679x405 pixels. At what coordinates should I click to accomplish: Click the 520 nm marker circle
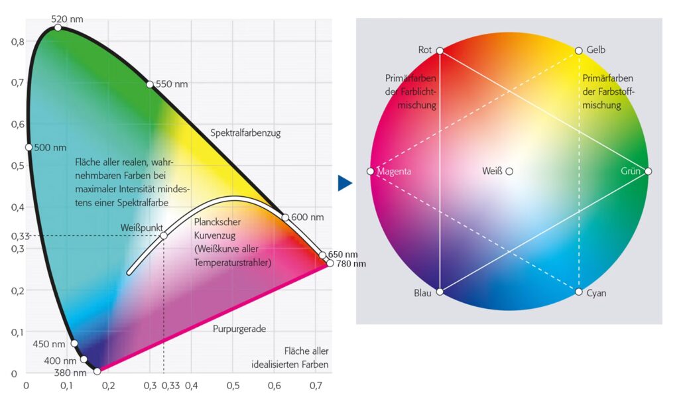58,27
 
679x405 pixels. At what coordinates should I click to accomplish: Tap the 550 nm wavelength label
172,84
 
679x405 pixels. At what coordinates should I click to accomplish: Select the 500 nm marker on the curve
29,147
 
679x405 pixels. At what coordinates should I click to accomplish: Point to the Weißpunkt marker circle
164,235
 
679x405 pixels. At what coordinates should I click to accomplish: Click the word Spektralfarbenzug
245,133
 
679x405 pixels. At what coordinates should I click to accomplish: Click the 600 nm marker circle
285,217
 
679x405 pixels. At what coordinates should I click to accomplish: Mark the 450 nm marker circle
74,343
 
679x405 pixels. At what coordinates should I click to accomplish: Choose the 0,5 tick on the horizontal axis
233,384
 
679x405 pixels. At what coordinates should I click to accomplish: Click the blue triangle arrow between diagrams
344,183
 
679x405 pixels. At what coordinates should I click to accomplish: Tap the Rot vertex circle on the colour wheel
440,50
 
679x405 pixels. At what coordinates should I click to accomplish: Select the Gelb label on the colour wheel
596,50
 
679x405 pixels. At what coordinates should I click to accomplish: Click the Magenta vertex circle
370,172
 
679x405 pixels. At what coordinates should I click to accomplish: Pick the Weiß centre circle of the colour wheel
509,171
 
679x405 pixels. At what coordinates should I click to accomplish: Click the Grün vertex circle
648,171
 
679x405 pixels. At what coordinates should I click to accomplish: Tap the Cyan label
596,292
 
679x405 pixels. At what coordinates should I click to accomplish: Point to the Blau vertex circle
440,292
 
